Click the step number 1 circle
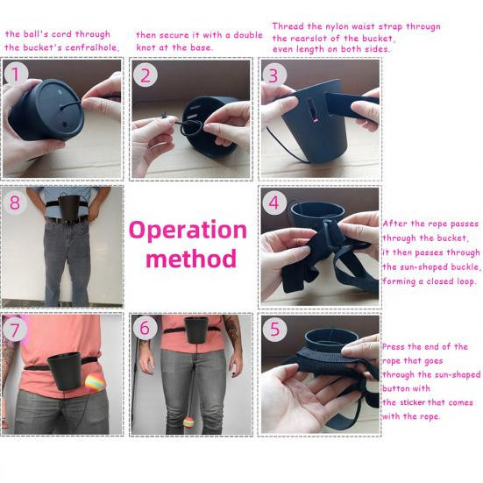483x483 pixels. coord(16,74)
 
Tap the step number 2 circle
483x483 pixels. coord(146,75)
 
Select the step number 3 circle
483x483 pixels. coord(273,75)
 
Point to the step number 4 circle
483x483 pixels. coord(274,202)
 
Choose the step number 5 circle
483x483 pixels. coord(274,329)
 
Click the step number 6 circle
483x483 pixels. coord(146,328)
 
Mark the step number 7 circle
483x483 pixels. coord(15,330)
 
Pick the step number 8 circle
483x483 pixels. coord(15,202)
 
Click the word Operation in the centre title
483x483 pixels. coord(188,231)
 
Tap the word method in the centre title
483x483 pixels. coord(191,258)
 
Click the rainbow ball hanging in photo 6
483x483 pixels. coord(188,423)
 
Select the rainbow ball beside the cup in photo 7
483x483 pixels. coord(95,383)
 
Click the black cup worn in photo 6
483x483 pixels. coord(195,330)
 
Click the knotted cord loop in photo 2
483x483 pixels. coord(192,130)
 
